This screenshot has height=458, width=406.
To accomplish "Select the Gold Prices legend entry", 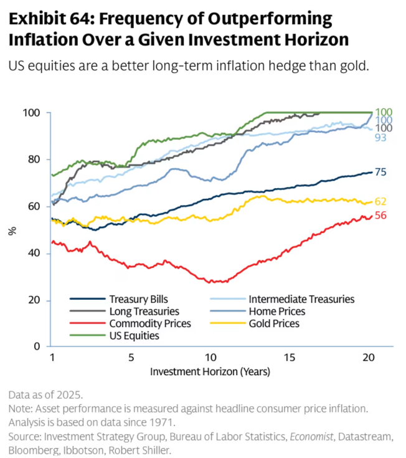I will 273,323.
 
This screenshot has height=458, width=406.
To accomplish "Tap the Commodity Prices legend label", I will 149,323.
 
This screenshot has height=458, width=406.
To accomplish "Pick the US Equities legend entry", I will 135,336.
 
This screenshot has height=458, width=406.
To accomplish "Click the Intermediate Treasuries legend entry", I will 301,299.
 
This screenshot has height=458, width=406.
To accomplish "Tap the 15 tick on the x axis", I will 289,358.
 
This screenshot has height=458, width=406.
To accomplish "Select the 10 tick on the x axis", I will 210,358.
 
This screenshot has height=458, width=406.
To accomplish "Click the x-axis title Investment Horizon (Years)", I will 210,371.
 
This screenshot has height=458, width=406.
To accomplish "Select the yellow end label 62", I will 381,201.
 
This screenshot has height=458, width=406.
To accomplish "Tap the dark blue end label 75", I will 381,173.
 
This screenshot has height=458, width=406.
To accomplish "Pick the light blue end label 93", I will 381,136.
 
